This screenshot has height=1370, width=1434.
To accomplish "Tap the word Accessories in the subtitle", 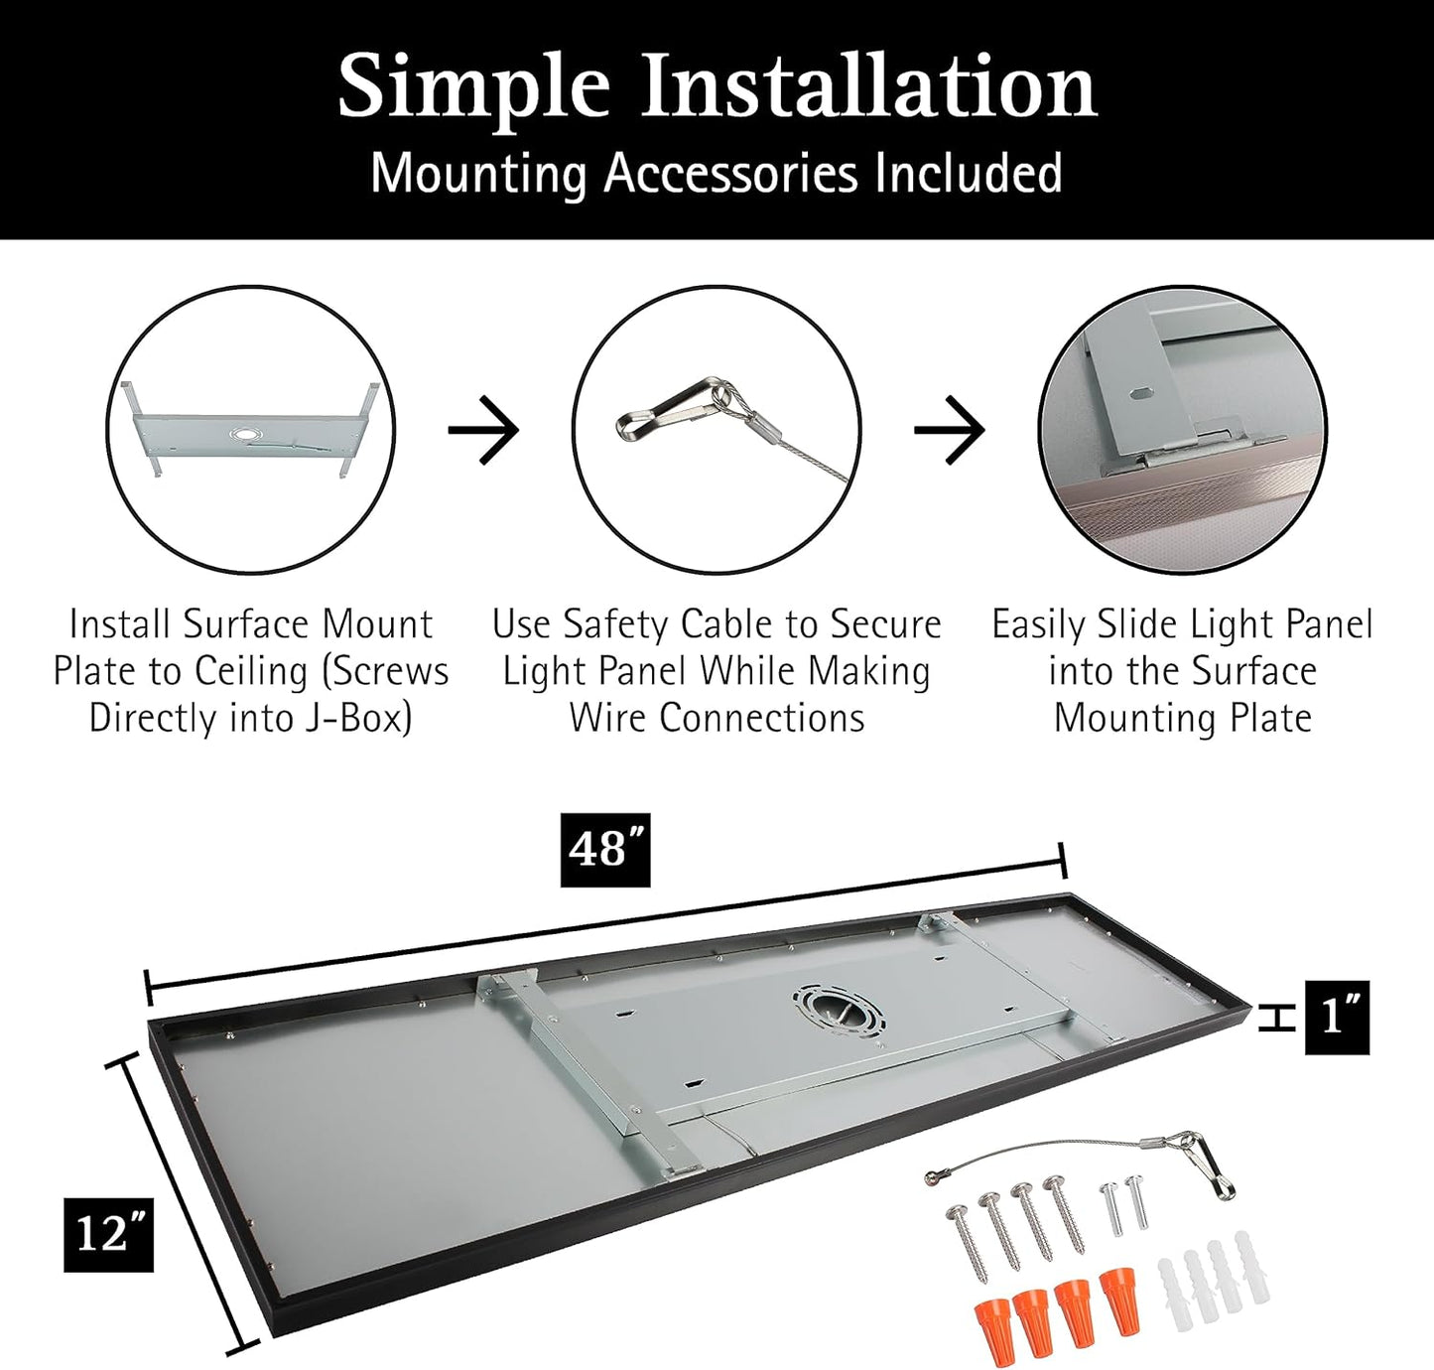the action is point(731,174).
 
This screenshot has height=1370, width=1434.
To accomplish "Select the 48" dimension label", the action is point(605,850).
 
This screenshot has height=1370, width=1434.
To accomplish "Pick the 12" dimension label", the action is point(109,1234).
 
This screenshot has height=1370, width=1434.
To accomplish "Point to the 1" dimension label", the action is point(1338,1018).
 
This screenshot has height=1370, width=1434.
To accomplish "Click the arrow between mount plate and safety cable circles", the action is point(483,430).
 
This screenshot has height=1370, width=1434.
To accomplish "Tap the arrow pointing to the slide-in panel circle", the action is point(949,430).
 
